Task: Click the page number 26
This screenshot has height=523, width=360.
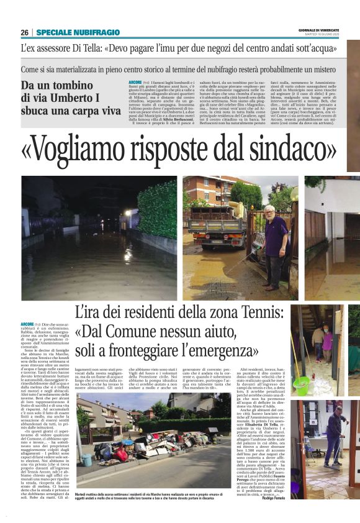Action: click(x=24, y=32)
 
